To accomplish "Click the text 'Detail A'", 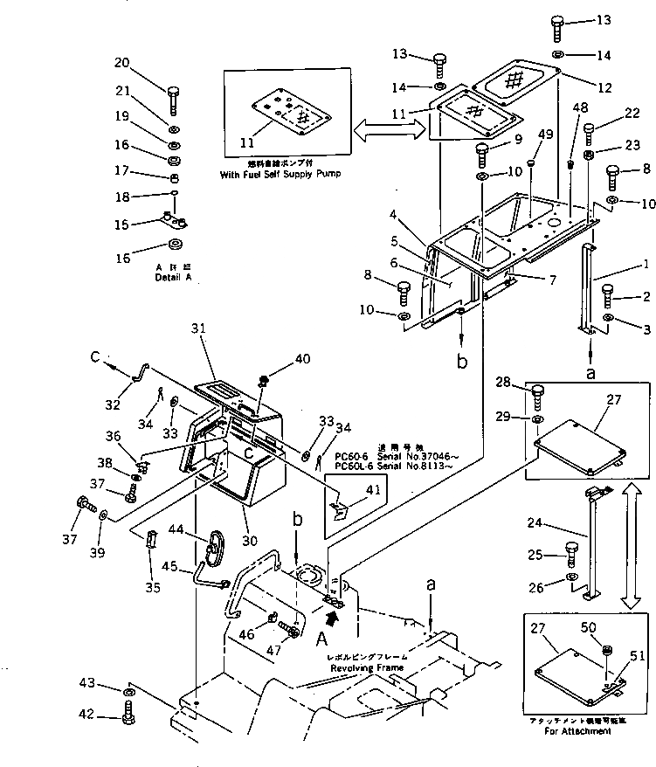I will pyautogui.click(x=172, y=277).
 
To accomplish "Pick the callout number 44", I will pyautogui.click(x=176, y=529).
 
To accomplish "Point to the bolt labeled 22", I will pyautogui.click(x=589, y=133).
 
